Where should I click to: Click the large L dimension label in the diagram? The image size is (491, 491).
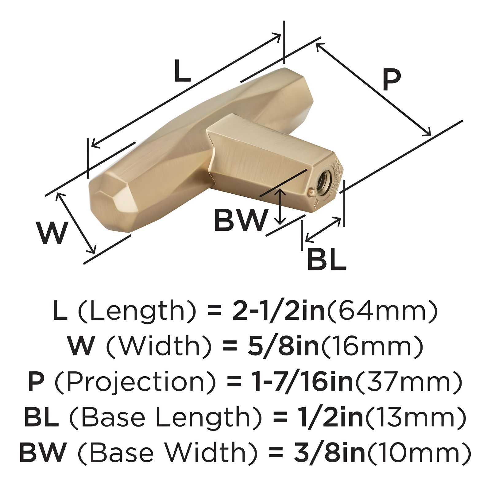182,71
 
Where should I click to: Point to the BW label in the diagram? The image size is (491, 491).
241,220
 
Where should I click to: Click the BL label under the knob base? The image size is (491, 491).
326,260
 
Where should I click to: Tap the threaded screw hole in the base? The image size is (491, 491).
324,182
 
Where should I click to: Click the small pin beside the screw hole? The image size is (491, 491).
311,193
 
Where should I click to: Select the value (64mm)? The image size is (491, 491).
382,311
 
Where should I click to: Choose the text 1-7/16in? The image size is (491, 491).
302,382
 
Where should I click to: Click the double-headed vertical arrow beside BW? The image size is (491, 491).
280,207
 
